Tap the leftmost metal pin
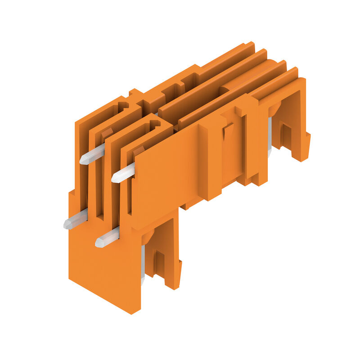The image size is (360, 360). tap(76, 219)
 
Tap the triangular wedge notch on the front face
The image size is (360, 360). tap(228, 131)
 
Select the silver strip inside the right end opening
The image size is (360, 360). tap(270, 135)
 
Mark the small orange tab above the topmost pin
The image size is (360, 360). tap(107, 133)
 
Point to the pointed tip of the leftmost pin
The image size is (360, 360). tap(66, 223)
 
